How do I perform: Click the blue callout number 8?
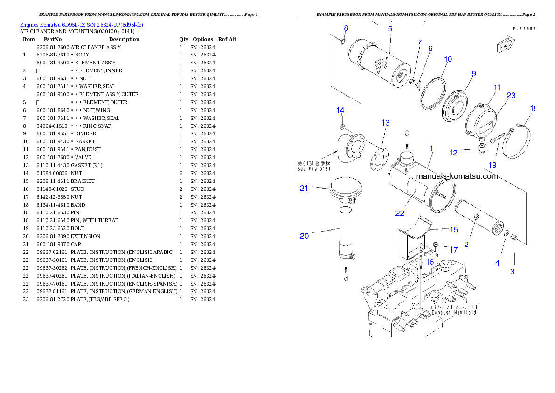346,28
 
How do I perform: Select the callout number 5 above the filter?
389,28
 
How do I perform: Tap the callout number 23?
511,95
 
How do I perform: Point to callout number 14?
340,110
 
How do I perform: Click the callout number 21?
304,189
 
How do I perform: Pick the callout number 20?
304,236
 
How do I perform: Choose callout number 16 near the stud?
430,262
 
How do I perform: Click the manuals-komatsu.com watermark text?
457,176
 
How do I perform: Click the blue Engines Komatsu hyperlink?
81,24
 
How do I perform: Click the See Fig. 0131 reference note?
314,166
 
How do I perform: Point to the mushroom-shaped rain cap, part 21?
343,189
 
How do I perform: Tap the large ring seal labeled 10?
433,93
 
